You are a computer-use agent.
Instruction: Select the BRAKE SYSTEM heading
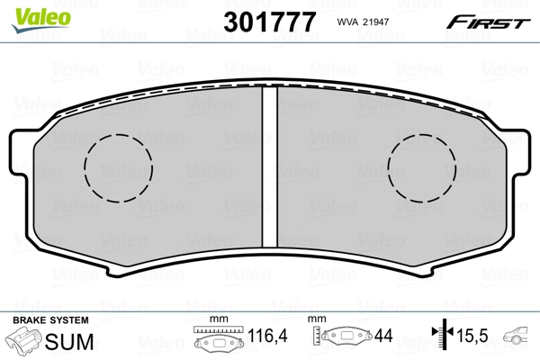pyautogui.click(x=50, y=320)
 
